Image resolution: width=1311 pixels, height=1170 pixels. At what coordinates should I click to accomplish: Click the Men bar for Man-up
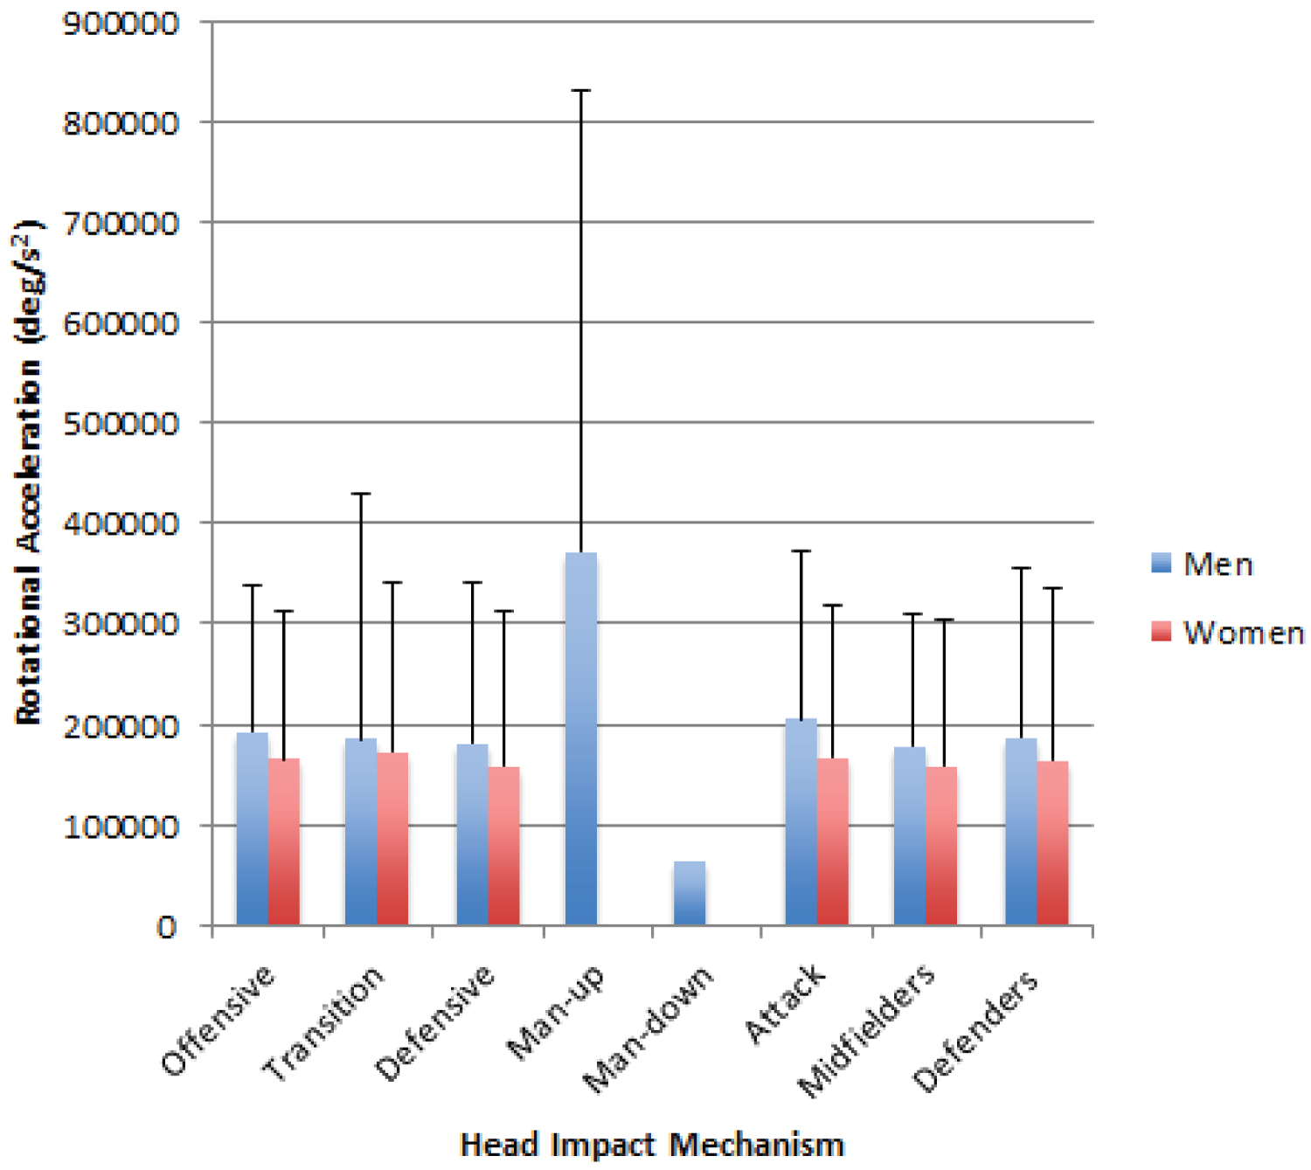[581, 738]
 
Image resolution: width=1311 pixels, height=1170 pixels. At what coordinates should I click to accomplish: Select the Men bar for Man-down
[690, 893]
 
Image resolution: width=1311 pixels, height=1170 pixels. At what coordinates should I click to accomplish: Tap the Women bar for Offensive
[284, 841]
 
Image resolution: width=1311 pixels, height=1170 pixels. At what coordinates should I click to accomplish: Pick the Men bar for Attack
[801, 821]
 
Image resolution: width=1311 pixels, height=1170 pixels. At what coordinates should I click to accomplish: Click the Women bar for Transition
[392, 839]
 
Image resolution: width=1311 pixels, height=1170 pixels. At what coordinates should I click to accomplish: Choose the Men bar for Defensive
[472, 834]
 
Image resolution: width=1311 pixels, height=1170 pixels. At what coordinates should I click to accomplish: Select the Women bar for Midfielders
[941, 846]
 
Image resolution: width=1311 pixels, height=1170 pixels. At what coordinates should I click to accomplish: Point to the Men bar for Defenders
[1021, 832]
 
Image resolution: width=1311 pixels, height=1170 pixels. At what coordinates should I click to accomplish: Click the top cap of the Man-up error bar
[581, 90]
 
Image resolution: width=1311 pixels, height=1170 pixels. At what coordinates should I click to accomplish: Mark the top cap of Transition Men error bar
[361, 494]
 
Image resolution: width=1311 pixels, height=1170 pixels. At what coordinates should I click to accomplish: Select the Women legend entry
[1227, 633]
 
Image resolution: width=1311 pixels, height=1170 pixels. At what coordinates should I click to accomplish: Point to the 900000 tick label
[121, 24]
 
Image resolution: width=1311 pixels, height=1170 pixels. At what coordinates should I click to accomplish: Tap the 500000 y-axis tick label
[121, 424]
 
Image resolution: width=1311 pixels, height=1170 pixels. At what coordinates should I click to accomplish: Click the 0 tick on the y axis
[166, 926]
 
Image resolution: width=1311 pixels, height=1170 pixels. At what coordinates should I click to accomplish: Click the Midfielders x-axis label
[865, 1033]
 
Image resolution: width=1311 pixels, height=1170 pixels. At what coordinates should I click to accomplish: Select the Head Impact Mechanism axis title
[652, 1145]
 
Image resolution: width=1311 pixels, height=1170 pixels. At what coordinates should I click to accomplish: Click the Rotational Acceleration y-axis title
[28, 472]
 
